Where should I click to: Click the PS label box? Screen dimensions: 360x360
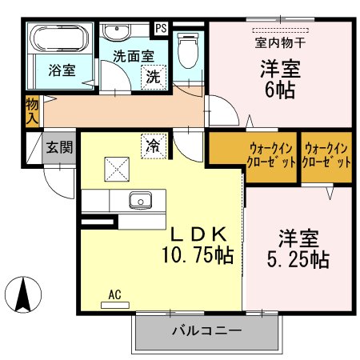point(161,28)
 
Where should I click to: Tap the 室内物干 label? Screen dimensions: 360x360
point(279,41)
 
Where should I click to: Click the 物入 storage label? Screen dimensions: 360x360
point(31,110)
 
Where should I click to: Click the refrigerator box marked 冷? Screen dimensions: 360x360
point(150,145)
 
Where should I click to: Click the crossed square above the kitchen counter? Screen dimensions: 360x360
point(114,169)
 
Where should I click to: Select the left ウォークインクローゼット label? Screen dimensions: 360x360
point(252,154)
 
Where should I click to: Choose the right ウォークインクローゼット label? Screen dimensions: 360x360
point(328,154)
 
